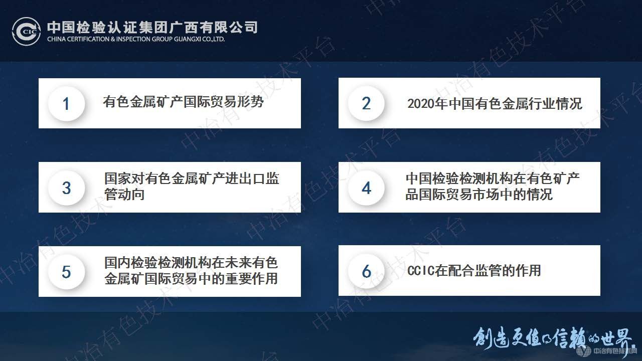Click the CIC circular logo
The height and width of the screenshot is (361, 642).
(27, 31)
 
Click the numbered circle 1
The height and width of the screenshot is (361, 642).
(66, 104)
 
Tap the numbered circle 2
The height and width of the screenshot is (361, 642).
(366, 103)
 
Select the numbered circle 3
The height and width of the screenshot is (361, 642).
(66, 188)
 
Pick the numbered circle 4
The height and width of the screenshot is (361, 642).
(366, 188)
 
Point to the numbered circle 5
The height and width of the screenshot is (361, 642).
(66, 272)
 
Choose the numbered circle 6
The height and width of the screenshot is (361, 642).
(366, 271)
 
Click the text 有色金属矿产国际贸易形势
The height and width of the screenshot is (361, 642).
(183, 102)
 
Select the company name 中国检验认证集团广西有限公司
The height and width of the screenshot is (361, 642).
(152, 26)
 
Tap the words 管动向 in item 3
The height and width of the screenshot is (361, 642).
(124, 194)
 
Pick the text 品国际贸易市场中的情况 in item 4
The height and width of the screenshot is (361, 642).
(479, 194)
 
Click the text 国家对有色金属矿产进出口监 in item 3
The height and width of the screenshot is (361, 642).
(192, 179)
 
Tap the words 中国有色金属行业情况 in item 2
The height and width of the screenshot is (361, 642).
(515, 104)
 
